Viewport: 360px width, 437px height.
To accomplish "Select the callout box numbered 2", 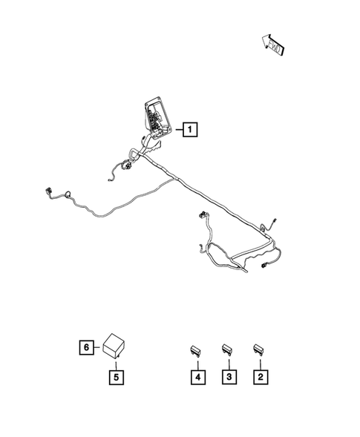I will tap(260, 378).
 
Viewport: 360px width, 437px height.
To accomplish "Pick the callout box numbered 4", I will tap(197, 378).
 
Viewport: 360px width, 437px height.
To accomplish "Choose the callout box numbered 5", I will tap(117, 377).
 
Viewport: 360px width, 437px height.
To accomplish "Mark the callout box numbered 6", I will tap(87, 346).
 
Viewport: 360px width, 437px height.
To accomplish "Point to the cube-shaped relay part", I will tap(115, 345).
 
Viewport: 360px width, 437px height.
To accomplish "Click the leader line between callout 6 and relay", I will tap(98, 346).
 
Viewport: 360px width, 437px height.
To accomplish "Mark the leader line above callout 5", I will tap(117, 364).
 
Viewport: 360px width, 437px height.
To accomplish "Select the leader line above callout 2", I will tap(260, 362).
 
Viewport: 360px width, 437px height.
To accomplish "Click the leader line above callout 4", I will tap(197, 362).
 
